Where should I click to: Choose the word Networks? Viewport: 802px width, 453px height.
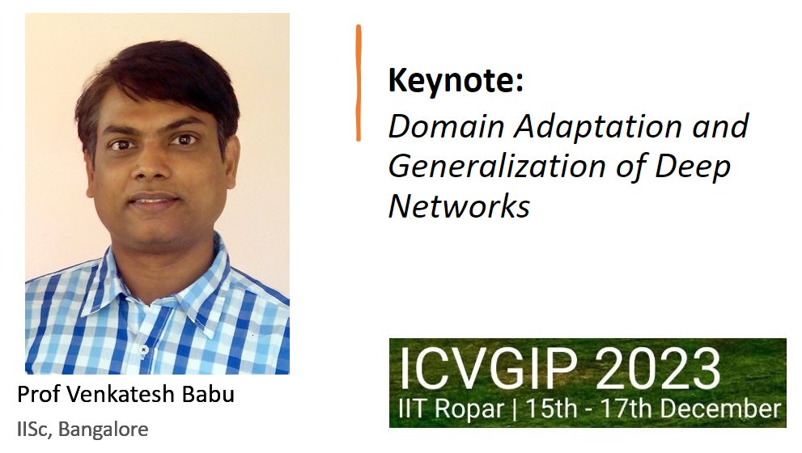459,206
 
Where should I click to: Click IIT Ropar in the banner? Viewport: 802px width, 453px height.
449,407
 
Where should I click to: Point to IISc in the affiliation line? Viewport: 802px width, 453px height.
32,428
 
